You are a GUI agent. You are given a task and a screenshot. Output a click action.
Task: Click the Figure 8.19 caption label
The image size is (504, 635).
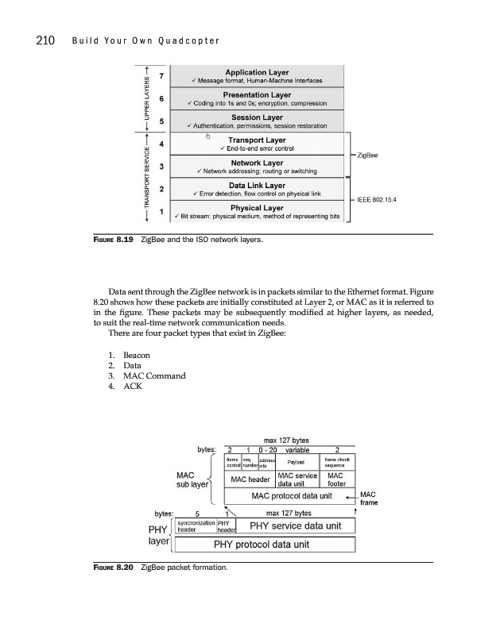click(x=87, y=238)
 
